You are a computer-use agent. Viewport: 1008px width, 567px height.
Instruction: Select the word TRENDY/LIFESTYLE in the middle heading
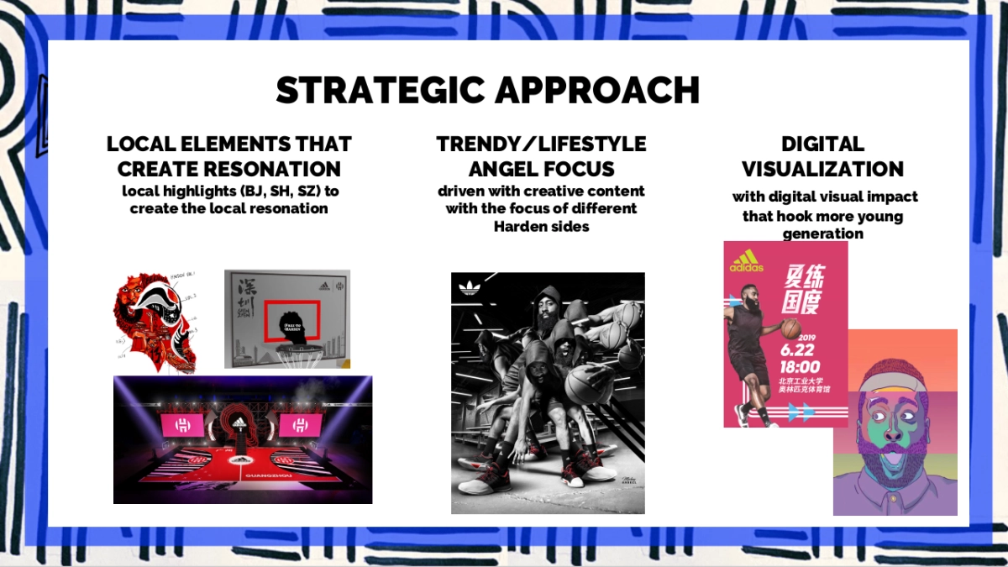pos(541,144)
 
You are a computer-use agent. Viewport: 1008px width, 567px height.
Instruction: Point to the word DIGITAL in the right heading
pos(822,144)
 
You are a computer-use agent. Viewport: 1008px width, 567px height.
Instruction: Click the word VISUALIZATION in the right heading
pos(822,169)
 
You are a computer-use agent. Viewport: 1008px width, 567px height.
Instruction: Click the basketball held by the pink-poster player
pos(791,328)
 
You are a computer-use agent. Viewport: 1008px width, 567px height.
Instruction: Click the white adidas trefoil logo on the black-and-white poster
pos(468,289)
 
